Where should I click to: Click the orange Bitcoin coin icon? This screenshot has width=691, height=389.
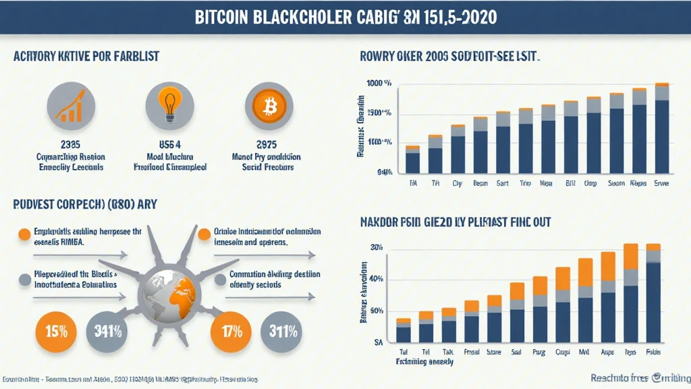(x=269, y=107)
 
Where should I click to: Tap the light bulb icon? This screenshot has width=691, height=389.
(x=169, y=107)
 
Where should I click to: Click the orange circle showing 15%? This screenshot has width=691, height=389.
(x=55, y=333)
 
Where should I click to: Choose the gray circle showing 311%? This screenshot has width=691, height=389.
(x=284, y=333)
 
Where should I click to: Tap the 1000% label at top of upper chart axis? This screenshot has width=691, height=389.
(x=379, y=84)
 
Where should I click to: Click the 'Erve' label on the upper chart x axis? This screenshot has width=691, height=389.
(x=662, y=182)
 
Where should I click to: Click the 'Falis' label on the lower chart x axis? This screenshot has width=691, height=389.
(x=653, y=353)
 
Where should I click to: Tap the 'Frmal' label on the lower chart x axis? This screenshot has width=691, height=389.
(x=472, y=353)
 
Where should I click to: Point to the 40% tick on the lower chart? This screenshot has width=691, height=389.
(x=376, y=280)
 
